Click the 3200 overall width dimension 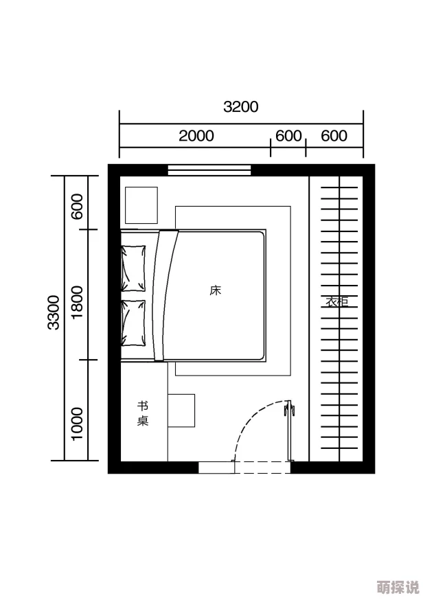(241, 107)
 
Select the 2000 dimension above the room (196, 136)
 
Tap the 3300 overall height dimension (54, 312)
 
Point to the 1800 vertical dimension (77, 302)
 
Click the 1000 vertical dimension (77, 424)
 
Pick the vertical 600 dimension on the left (77, 207)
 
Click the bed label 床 (215, 290)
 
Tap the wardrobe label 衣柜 (337, 301)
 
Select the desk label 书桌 (143, 414)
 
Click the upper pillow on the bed (133, 268)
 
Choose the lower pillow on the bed (133, 323)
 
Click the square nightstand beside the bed (141, 205)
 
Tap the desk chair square (181, 411)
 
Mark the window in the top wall (209, 170)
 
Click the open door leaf (289, 430)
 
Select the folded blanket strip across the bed (165, 295)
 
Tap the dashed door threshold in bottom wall (262, 468)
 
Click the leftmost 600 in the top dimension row (288, 136)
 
